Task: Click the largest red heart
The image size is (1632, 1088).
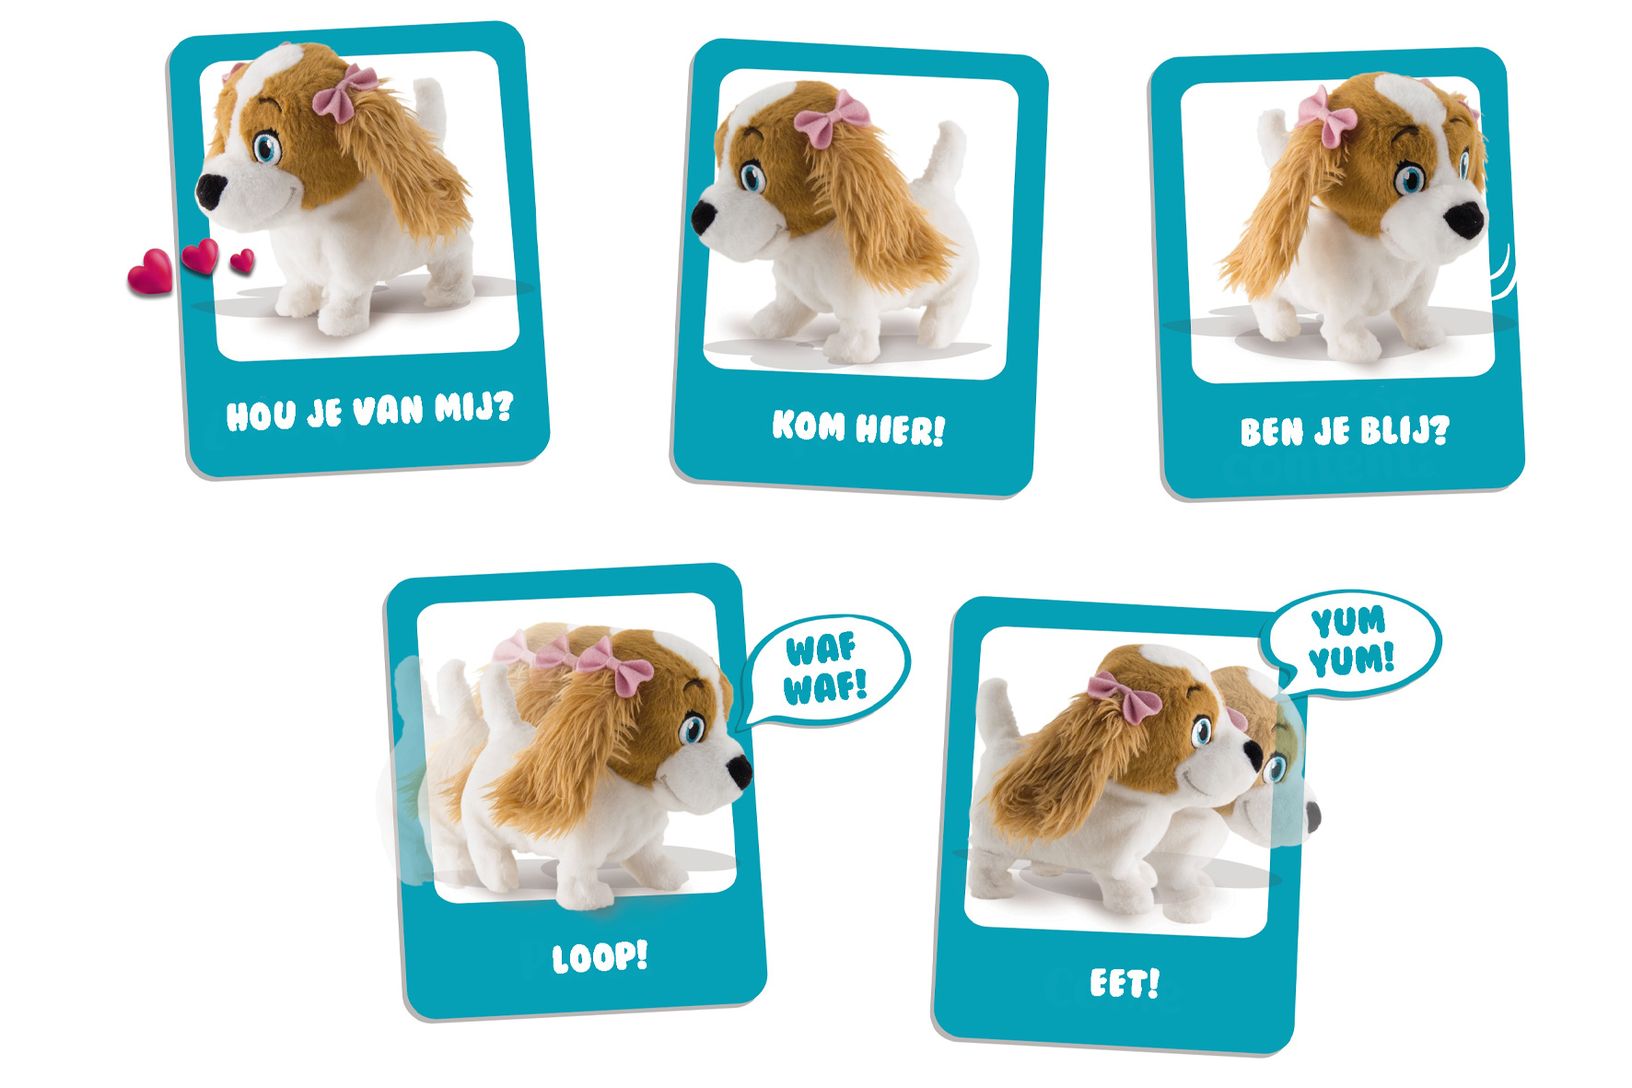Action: (x=151, y=272)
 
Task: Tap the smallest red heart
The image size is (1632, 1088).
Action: (x=242, y=261)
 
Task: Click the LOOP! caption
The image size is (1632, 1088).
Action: (x=600, y=957)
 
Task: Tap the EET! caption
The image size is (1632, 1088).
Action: (x=1125, y=983)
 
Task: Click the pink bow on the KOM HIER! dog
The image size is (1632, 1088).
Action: (x=831, y=117)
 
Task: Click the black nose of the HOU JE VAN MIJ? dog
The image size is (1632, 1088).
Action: (x=211, y=190)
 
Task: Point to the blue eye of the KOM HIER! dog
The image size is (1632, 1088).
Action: (x=752, y=177)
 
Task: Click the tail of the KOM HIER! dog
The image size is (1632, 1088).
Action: (x=948, y=153)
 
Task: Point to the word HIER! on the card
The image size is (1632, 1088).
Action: (x=901, y=429)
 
